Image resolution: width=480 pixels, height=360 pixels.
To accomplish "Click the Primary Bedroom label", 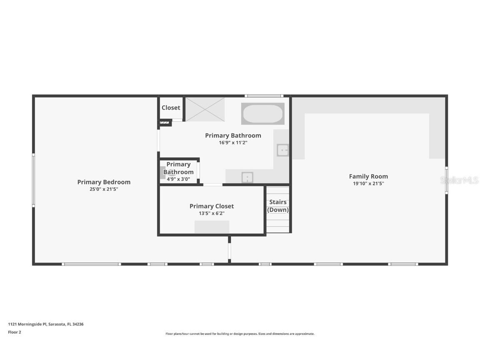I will [104, 182].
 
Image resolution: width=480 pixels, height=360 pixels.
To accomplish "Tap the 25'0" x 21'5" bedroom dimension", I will [104, 189].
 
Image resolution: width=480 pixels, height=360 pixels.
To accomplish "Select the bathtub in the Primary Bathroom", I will [262, 114].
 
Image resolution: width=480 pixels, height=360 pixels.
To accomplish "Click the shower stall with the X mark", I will [205, 109].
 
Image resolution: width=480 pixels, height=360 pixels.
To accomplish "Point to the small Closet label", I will [171, 107].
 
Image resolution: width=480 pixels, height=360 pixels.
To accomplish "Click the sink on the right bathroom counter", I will [283, 150].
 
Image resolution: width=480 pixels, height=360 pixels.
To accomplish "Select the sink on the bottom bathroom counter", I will [247, 177].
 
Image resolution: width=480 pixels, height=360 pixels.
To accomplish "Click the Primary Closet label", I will [212, 206].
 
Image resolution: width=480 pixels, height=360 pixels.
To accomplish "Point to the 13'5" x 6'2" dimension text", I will [212, 213].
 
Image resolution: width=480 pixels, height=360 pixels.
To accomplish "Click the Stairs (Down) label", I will [278, 206].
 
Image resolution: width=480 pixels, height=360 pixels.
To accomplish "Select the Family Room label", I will [368, 176].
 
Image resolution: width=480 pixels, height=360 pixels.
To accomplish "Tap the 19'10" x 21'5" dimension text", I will [368, 183].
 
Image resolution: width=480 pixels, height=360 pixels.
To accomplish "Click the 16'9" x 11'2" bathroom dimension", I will [233, 142].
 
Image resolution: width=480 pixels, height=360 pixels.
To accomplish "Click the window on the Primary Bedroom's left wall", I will [34, 180].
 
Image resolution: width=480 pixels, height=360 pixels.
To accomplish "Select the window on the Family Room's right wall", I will [446, 180].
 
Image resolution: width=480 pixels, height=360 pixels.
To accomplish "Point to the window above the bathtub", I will [264, 96].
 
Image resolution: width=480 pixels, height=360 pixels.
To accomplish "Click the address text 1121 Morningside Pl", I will [46, 324].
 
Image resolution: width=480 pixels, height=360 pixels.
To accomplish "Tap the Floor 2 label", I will [15, 332].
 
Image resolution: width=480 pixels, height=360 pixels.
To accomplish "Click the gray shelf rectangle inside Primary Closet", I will [212, 227].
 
